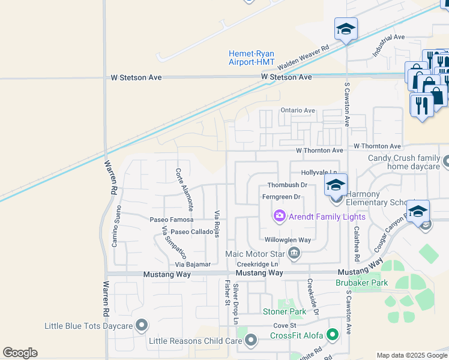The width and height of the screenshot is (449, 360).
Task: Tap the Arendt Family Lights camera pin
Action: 279,216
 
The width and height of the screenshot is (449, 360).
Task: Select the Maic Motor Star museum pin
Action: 294,254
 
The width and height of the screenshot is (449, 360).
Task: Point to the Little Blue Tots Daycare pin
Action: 142,326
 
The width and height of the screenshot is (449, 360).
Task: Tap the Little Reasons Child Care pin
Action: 251,341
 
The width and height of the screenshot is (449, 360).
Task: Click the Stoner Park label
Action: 285,311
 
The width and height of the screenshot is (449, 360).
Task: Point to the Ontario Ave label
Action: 298,110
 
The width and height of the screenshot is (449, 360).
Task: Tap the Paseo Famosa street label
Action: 171,220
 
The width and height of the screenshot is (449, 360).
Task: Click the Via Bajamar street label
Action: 193,264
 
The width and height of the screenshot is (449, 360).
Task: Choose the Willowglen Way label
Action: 288,239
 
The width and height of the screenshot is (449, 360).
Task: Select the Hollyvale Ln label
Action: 318,172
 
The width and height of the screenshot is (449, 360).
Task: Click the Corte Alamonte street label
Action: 184,189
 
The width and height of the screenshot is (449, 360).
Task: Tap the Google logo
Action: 20,353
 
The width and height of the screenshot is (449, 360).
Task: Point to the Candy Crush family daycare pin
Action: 446,161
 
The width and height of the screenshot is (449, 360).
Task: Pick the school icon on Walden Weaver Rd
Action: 346,29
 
